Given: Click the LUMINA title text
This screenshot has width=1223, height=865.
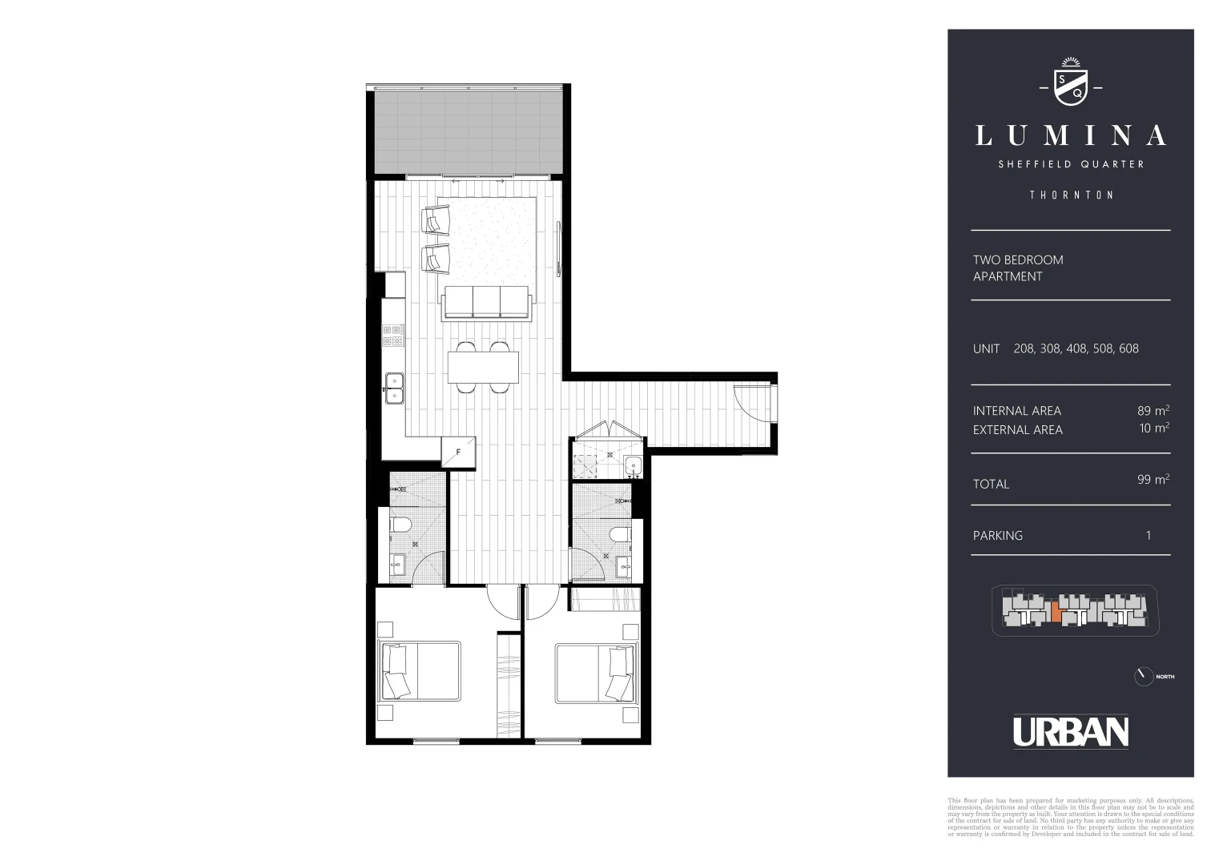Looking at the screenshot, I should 1070,136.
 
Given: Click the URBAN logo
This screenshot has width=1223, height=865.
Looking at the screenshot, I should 1071,731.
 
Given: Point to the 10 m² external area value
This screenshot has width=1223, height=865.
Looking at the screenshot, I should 1154,428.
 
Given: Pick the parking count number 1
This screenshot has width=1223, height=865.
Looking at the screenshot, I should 1149,535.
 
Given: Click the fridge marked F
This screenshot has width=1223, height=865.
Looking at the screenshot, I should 459,452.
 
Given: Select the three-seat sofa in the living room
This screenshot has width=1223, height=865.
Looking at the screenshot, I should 487,303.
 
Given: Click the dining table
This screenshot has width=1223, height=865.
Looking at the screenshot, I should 483,368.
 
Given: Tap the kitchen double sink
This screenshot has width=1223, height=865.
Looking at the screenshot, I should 394,388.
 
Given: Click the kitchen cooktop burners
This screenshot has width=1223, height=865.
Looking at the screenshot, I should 393,335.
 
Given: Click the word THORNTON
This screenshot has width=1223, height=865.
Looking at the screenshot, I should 1071,195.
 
